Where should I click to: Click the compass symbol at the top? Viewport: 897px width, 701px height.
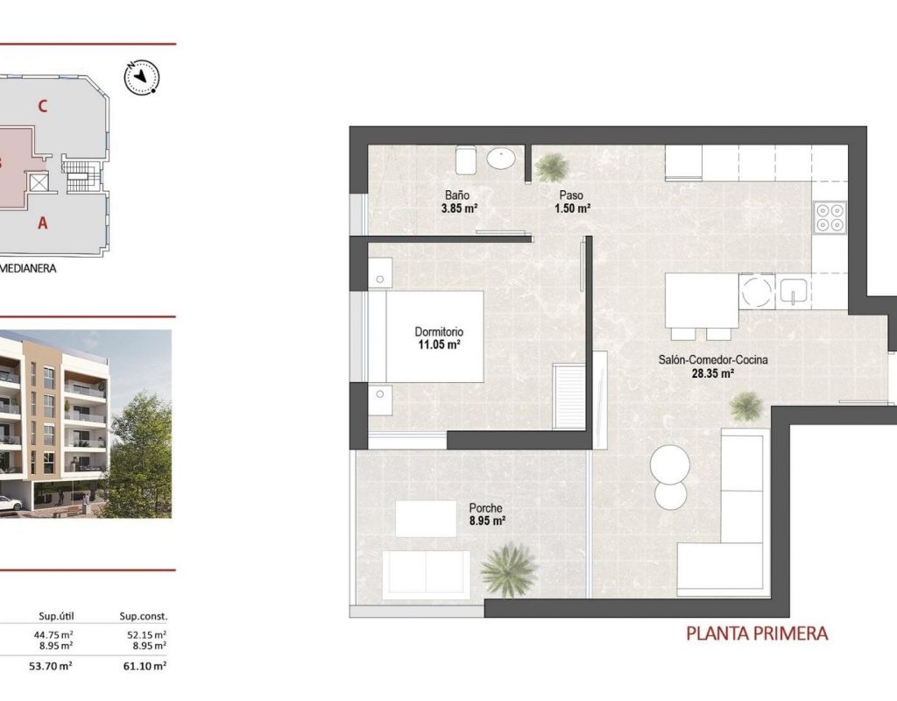pyautogui.click(x=142, y=77)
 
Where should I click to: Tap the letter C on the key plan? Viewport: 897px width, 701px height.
pyautogui.click(x=42, y=106)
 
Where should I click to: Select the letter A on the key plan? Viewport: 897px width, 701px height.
pyautogui.click(x=42, y=223)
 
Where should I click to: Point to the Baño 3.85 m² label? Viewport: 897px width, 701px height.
pyautogui.click(x=459, y=202)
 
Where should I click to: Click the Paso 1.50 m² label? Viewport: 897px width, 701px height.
pyautogui.click(x=572, y=202)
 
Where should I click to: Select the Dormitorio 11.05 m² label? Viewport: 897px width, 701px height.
pyautogui.click(x=439, y=338)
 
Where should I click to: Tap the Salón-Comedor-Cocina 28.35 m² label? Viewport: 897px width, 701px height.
pyautogui.click(x=713, y=367)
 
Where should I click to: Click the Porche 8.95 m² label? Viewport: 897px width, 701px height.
pyautogui.click(x=486, y=514)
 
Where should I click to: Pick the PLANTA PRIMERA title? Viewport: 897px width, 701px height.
pyautogui.click(x=757, y=634)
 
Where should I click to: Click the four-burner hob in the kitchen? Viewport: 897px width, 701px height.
pyautogui.click(x=830, y=217)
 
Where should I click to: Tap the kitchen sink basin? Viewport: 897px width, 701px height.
pyautogui.click(x=792, y=291)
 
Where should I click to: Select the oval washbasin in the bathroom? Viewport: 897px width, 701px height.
pyautogui.click(x=502, y=158)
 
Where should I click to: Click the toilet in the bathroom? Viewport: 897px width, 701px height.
pyautogui.click(x=465, y=159)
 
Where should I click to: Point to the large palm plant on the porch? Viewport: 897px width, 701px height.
pyautogui.click(x=510, y=570)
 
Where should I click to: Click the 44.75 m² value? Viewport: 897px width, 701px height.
pyautogui.click(x=52, y=634)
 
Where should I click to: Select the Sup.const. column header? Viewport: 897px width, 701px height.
pyautogui.click(x=144, y=617)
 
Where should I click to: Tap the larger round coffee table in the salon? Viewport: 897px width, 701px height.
pyautogui.click(x=670, y=464)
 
